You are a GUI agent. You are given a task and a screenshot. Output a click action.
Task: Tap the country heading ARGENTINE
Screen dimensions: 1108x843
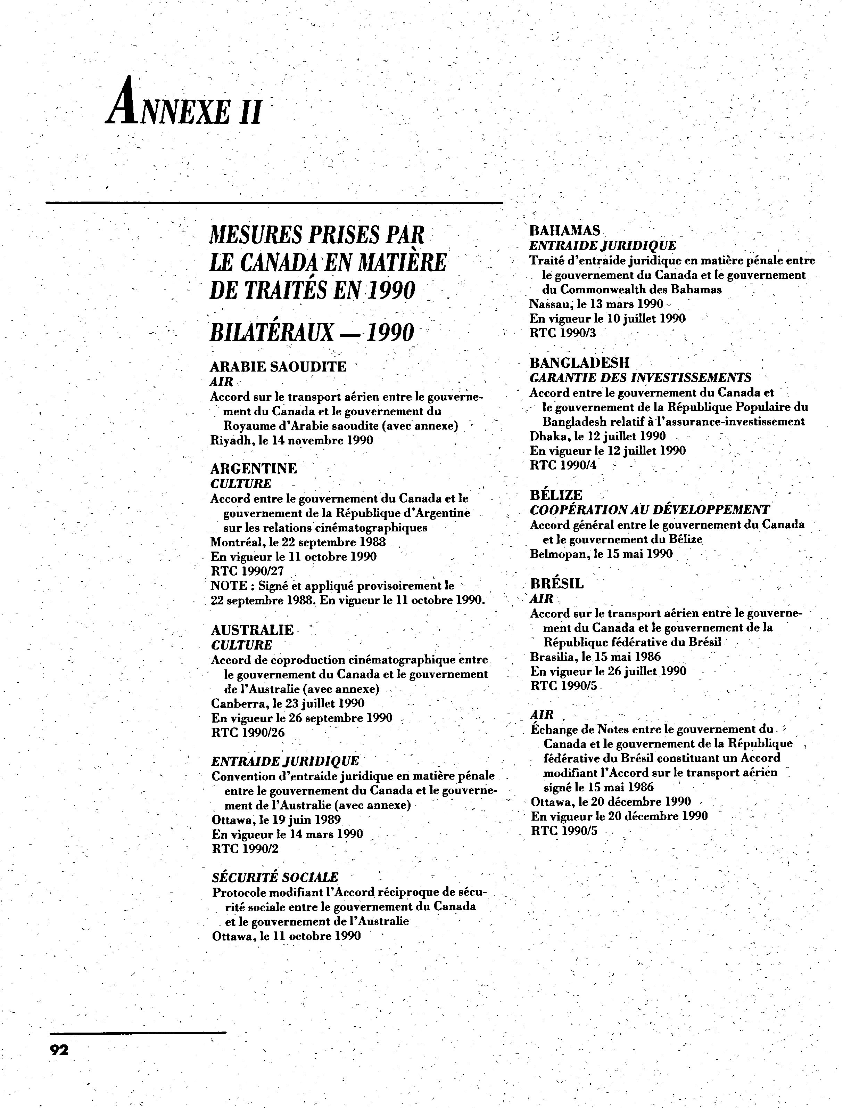(x=254, y=469)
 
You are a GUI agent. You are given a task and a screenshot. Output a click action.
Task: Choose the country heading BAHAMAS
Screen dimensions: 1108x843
(x=564, y=230)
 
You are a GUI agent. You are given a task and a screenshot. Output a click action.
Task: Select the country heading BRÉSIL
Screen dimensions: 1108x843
(x=557, y=584)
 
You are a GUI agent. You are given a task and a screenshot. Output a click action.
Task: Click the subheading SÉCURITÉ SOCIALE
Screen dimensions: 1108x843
(x=275, y=877)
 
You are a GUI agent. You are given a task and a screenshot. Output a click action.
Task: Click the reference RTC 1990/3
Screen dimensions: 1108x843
(x=563, y=333)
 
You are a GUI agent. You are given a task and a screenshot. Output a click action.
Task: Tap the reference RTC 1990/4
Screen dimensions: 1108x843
(x=563, y=465)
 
